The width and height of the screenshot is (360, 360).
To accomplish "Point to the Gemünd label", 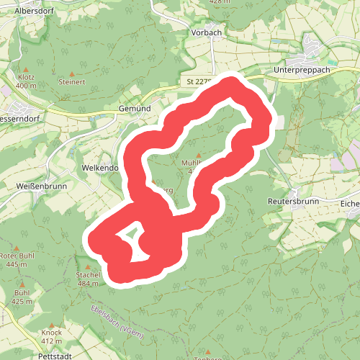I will coord(134,108).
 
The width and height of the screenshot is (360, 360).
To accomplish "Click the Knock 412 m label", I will coord(52,336).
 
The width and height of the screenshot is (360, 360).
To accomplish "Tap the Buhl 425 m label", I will coord(22,297).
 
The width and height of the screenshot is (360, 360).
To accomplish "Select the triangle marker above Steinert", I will coord(71,74).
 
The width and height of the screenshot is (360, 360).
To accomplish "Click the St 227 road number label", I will coord(197,81).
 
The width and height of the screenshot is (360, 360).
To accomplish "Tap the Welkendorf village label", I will coord(99,168).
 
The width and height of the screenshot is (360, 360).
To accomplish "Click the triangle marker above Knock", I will coord(52,325).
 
